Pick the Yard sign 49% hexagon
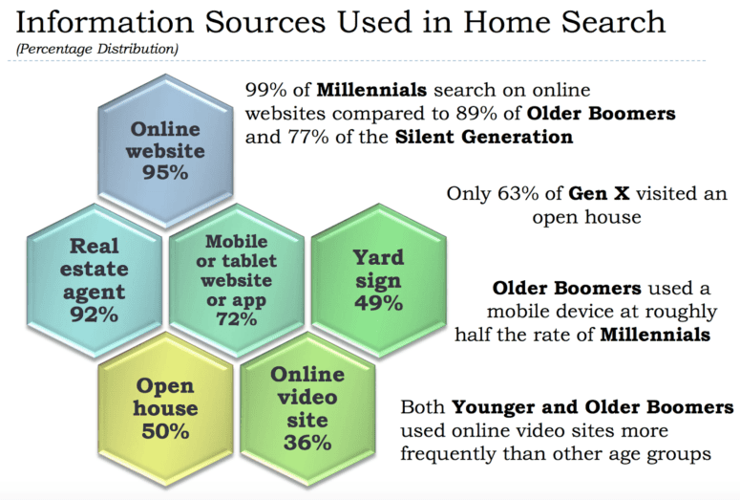pyautogui.click(x=378, y=280)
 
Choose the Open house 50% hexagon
pyautogui.click(x=165, y=409)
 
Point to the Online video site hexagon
pyautogui.click(x=307, y=409)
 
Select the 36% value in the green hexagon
pyautogui.click(x=307, y=442)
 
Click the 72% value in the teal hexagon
pyautogui.click(x=236, y=318)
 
